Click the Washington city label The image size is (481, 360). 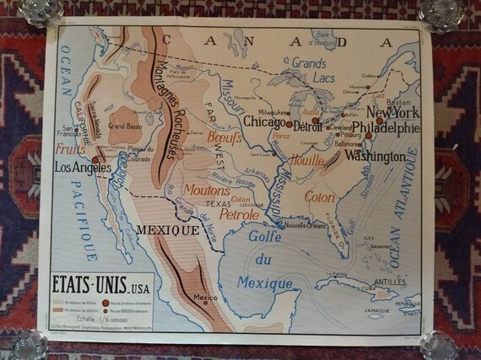click(x=375, y=157)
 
